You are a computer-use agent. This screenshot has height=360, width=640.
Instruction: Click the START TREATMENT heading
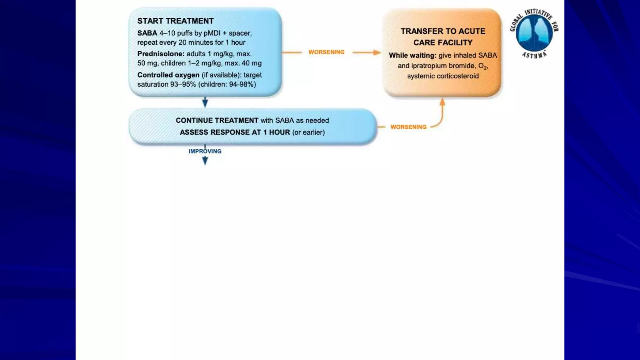pyautogui.click(x=175, y=21)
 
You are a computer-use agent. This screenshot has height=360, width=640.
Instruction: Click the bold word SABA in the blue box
pyautogui.click(x=147, y=33)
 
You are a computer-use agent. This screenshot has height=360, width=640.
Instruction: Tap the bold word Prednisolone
pyautogui.click(x=161, y=54)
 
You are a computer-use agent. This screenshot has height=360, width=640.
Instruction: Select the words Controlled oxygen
pyautogui.click(x=168, y=75)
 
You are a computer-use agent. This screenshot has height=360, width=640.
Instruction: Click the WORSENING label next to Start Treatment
pyautogui.click(x=326, y=52)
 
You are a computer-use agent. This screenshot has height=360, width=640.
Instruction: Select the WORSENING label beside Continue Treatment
pyautogui.click(x=408, y=127)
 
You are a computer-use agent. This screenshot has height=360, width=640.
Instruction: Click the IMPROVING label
pyautogui.click(x=205, y=151)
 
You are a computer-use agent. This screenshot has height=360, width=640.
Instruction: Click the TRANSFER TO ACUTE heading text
pyautogui.click(x=443, y=31)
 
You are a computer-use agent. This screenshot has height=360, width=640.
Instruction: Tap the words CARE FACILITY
pyautogui.click(x=443, y=42)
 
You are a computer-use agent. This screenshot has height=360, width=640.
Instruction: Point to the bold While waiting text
pyautogui.click(x=412, y=55)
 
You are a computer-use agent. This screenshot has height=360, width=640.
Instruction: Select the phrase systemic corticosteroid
pyautogui.click(x=443, y=76)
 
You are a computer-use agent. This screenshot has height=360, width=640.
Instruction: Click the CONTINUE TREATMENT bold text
pyautogui.click(x=217, y=120)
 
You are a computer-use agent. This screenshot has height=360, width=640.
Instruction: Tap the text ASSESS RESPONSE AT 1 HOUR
pyautogui.click(x=235, y=132)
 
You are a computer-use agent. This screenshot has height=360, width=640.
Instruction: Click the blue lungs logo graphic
pyautogui.click(x=534, y=33)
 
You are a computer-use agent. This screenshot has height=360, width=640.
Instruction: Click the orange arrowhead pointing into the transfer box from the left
pyautogui.click(x=377, y=52)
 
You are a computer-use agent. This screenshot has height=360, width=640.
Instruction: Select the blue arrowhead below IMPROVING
pyautogui.click(x=205, y=161)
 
